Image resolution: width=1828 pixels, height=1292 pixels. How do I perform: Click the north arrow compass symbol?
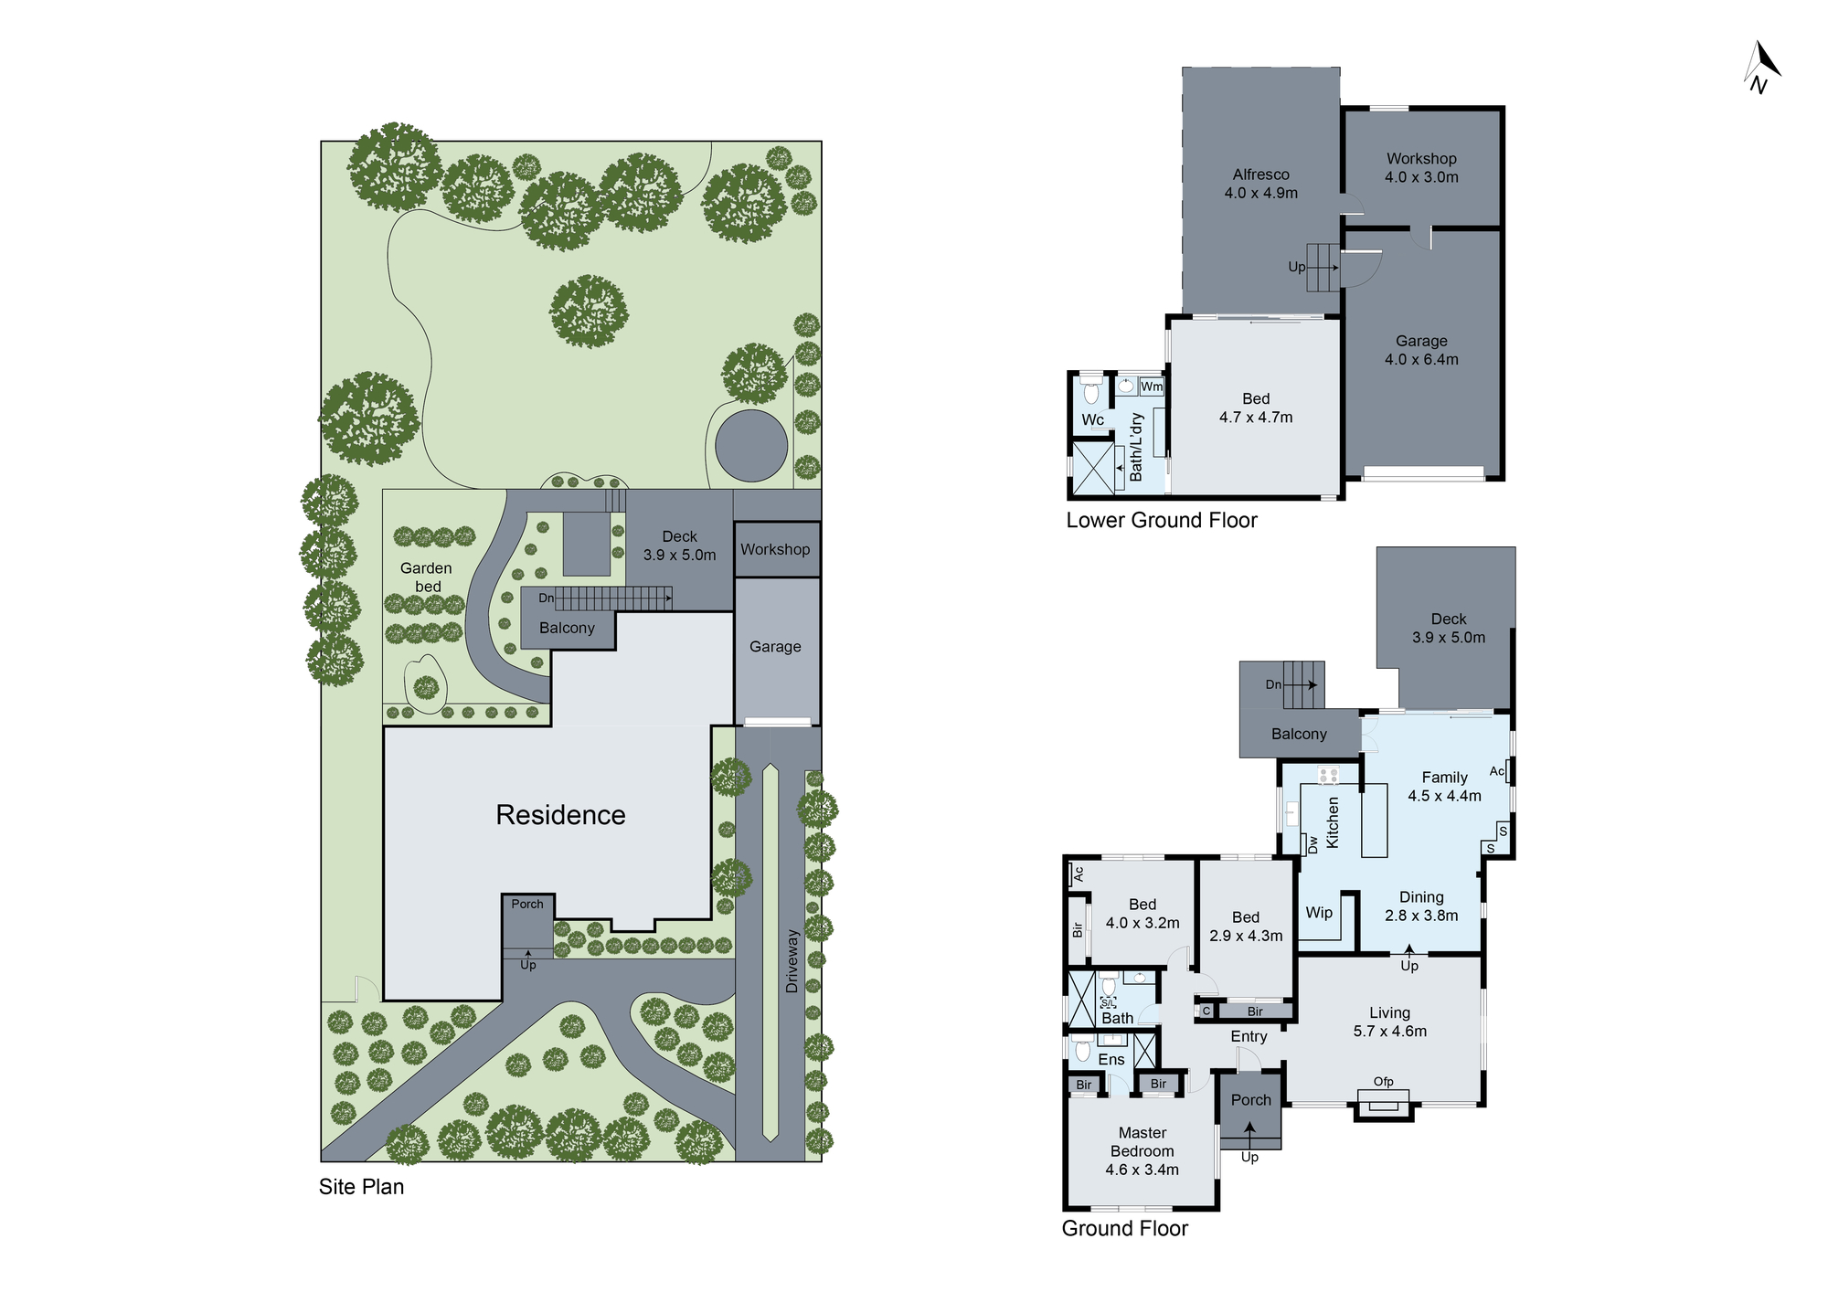(x=1761, y=67)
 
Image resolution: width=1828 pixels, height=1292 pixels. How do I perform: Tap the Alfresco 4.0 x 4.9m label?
(x=1260, y=184)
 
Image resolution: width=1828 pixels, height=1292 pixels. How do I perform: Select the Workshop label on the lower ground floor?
(x=1421, y=159)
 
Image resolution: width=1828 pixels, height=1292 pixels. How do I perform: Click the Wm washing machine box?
(x=1152, y=387)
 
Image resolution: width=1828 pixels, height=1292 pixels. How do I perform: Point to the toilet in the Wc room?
(x=1090, y=393)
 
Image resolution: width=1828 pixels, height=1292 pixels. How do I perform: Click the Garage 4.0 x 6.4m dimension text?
(x=1421, y=359)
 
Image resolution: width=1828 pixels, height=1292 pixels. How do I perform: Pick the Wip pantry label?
(x=1318, y=912)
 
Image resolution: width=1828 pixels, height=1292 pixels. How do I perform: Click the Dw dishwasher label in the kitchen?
(x=1313, y=844)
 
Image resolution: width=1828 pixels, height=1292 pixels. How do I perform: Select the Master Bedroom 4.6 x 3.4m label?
(x=1142, y=1151)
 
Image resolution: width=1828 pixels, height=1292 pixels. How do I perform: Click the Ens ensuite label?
(x=1111, y=1059)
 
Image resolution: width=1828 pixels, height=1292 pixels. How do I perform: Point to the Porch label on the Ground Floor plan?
(x=1250, y=1100)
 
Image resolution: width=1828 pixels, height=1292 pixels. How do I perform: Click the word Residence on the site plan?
(x=560, y=815)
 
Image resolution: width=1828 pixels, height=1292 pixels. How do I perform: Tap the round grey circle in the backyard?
(x=751, y=446)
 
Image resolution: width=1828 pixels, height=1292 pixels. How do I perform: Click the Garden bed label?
(x=426, y=577)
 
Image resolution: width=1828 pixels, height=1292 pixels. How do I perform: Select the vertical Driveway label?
(x=792, y=961)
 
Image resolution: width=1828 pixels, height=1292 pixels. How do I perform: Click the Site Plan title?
(x=361, y=1187)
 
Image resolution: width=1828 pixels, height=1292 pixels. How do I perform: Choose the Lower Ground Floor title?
(x=1161, y=520)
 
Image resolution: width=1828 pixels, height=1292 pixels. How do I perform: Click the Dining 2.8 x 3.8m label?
(x=1421, y=906)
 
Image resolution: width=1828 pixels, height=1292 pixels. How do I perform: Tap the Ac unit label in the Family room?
(x=1496, y=771)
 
